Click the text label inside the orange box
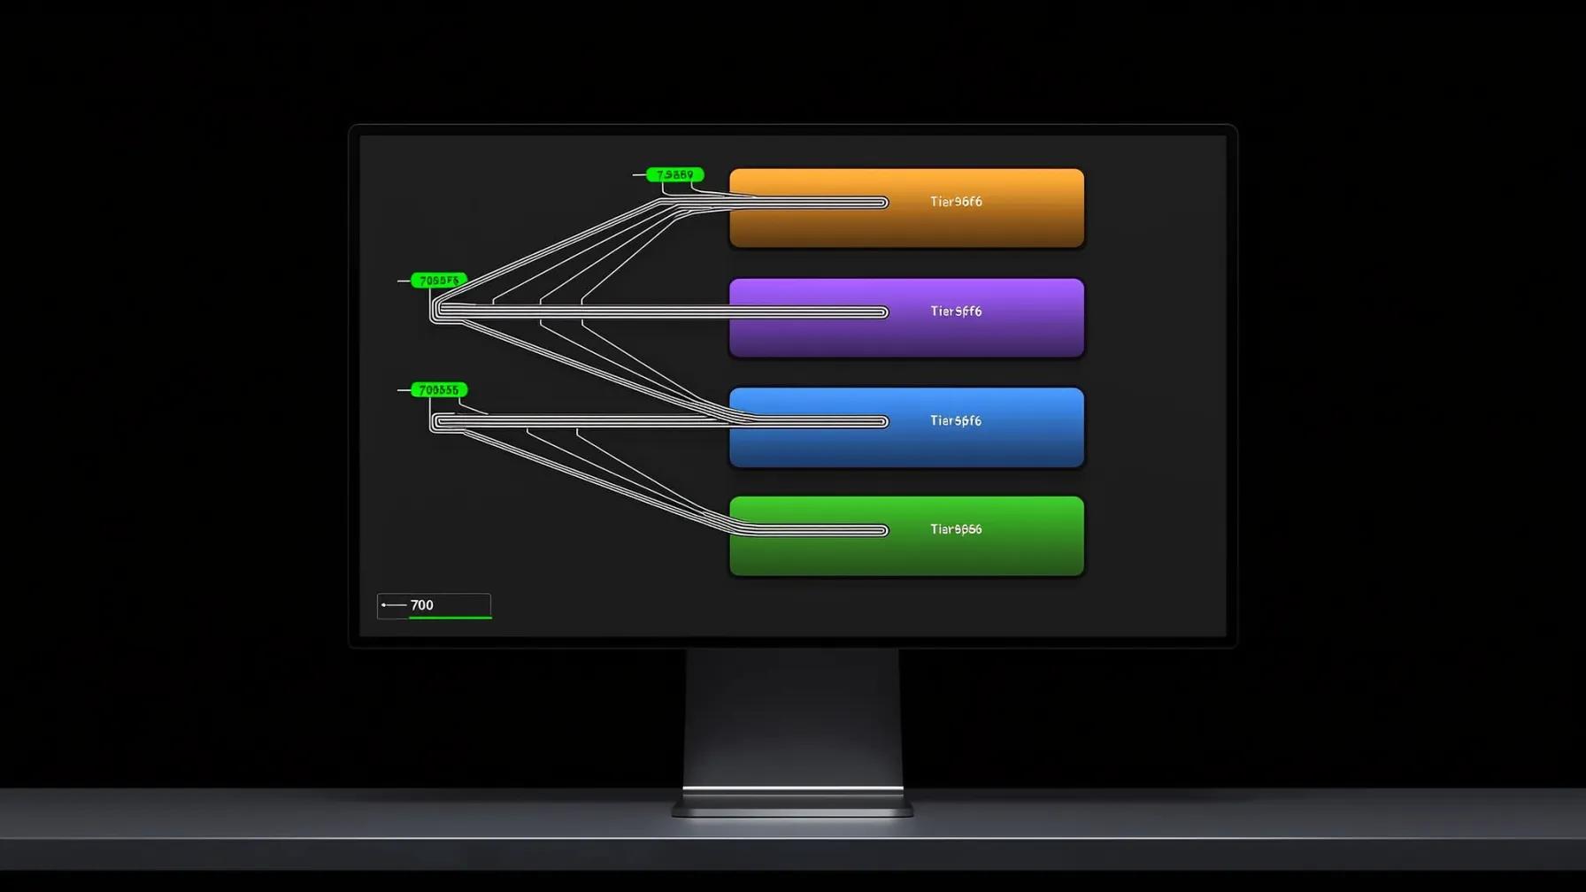coord(956,202)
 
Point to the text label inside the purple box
coord(956,311)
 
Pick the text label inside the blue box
coord(956,421)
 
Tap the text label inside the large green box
coord(956,529)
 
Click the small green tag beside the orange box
coord(675,175)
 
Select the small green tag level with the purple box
coord(439,281)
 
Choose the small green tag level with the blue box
coord(439,390)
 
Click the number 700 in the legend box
coord(422,605)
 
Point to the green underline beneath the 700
coord(450,617)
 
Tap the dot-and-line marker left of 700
coord(393,605)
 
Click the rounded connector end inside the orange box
coord(882,203)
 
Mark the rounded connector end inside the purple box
coord(882,312)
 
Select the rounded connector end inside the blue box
coord(882,422)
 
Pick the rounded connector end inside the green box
coord(882,531)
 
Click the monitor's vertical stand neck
coord(792,717)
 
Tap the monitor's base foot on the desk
coord(792,806)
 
